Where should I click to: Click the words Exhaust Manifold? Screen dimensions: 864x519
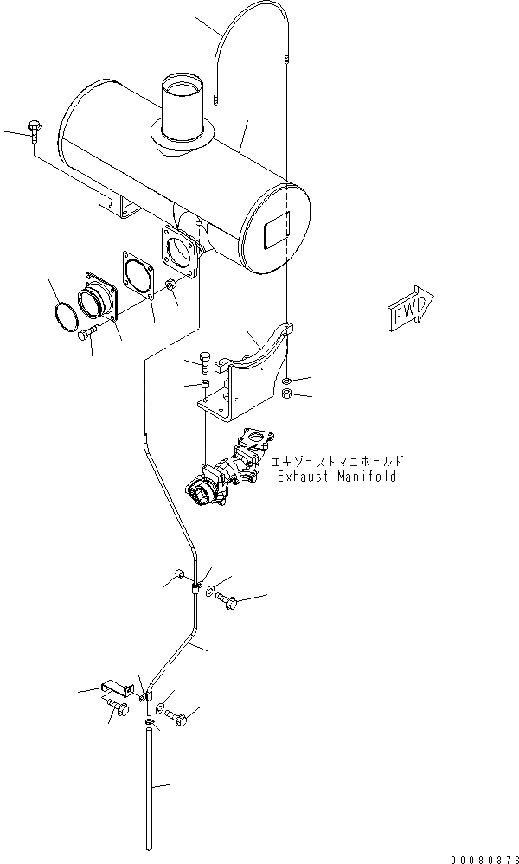[336, 477]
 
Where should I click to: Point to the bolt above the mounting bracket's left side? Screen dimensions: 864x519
[203, 360]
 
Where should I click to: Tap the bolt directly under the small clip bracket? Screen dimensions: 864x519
[119, 711]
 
